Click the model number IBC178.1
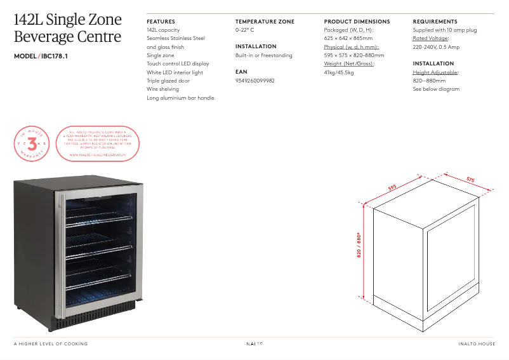click(x=55, y=57)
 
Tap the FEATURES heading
click(x=161, y=22)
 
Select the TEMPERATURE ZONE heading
click(x=265, y=22)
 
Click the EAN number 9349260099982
click(x=255, y=81)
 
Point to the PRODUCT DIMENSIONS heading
click(x=357, y=22)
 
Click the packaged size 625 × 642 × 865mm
click(x=348, y=38)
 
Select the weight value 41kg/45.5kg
click(x=339, y=72)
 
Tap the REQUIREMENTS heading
click(x=435, y=22)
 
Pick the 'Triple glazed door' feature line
click(x=168, y=81)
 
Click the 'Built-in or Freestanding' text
click(x=263, y=55)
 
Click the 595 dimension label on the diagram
click(x=392, y=187)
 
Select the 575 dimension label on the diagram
click(x=470, y=180)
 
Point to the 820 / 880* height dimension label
click(x=359, y=245)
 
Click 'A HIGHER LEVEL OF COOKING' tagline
click(x=51, y=344)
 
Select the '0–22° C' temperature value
click(x=244, y=30)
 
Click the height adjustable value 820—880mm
click(x=429, y=81)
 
